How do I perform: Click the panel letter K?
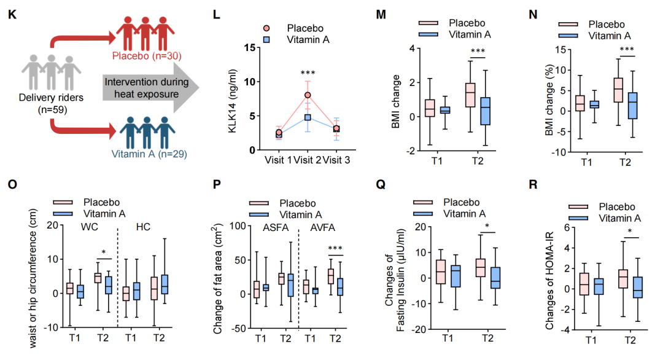pos(12,13)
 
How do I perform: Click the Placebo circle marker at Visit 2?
pos(308,95)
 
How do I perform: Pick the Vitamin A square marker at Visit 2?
pos(308,117)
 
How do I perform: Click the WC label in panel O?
pos(87,227)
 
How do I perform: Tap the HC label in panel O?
pos(142,227)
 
